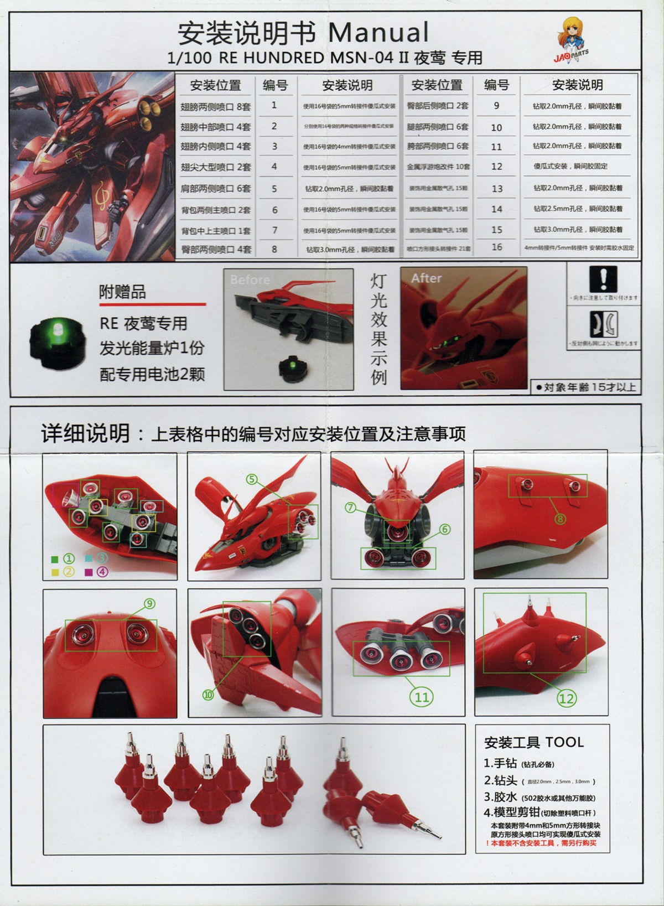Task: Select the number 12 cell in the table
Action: click(x=497, y=166)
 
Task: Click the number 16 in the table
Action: click(x=497, y=247)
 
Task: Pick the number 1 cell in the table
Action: click(x=274, y=105)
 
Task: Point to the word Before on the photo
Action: click(x=250, y=279)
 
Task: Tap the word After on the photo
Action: click(x=426, y=278)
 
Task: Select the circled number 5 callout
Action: click(x=252, y=479)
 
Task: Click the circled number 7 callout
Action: click(x=351, y=507)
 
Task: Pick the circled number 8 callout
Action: click(x=561, y=519)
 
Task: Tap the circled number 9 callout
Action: click(x=149, y=604)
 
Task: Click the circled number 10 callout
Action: click(x=208, y=695)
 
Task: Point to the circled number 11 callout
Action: click(x=422, y=697)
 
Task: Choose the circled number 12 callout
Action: click(x=567, y=698)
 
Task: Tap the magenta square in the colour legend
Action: click(x=89, y=572)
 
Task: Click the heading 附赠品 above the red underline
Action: click(x=122, y=292)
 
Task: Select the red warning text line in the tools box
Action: click(x=541, y=843)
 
